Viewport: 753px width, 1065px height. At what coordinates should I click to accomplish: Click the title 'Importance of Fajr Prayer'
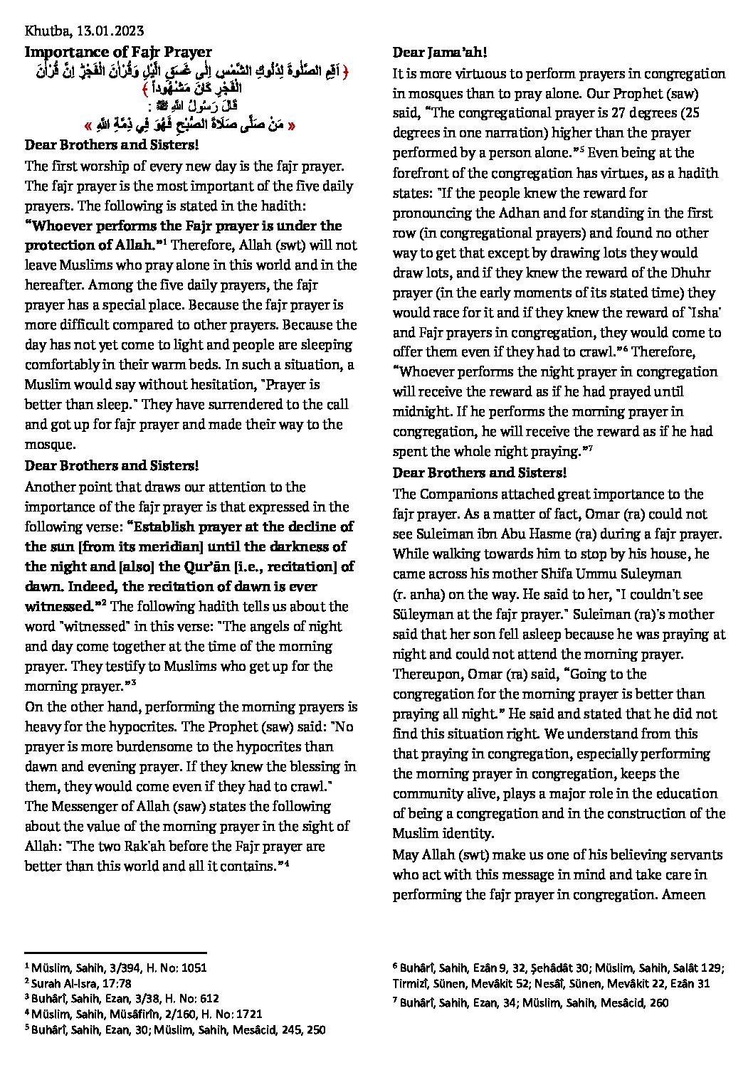pos(118,52)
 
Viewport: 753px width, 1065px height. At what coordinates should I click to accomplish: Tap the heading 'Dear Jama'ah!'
pos(439,53)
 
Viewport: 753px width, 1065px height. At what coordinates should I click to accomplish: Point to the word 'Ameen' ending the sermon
pos(683,895)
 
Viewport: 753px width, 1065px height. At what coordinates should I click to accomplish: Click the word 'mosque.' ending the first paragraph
pos(50,445)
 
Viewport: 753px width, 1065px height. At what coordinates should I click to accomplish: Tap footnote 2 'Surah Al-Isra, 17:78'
pos(78,983)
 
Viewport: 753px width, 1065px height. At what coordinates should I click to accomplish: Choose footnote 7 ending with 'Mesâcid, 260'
pos(531,1002)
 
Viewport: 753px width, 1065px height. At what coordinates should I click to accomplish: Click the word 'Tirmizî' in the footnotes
pos(410,984)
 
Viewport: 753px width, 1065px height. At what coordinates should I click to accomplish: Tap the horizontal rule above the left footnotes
pos(115,953)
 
